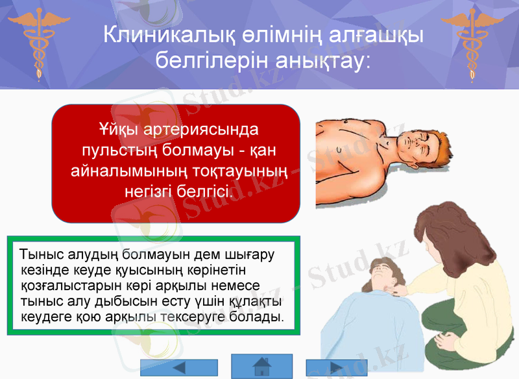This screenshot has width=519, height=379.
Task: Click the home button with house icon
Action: (x=261, y=366)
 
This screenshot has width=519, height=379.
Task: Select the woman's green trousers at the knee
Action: (x=454, y=350)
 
